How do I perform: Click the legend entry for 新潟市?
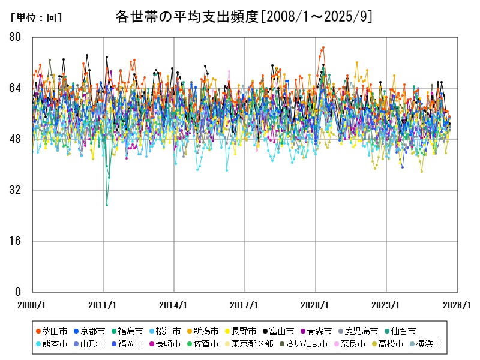(206, 331)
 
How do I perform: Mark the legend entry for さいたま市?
(306, 344)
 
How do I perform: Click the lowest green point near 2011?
(107, 205)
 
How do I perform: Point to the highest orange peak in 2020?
(323, 47)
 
